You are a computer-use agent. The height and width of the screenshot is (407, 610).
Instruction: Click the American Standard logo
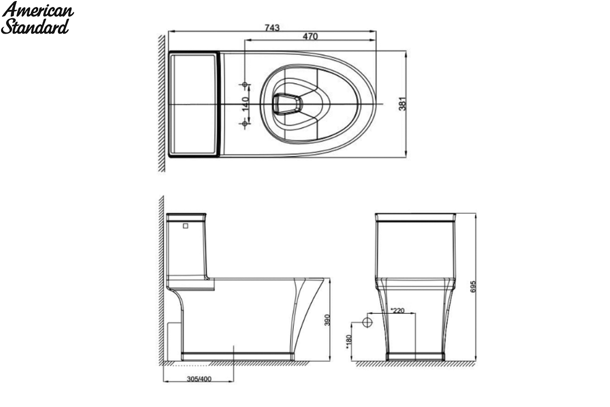coord(37,18)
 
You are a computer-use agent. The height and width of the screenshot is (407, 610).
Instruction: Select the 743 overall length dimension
coord(272,27)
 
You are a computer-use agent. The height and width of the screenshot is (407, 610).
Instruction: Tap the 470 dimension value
coord(310,36)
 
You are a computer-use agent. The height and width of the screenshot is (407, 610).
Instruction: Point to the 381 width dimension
coord(402,104)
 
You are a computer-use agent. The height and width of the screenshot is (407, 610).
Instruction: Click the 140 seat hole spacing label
coord(246,104)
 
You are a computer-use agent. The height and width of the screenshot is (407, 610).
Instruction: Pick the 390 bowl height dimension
coord(327,320)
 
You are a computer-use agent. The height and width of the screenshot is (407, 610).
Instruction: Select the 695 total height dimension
coord(473,287)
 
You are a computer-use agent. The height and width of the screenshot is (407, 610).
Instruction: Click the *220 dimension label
coord(398,310)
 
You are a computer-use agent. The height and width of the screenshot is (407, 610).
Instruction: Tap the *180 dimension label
coord(349,342)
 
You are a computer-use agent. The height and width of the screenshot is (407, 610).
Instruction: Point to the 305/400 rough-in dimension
coord(199,379)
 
